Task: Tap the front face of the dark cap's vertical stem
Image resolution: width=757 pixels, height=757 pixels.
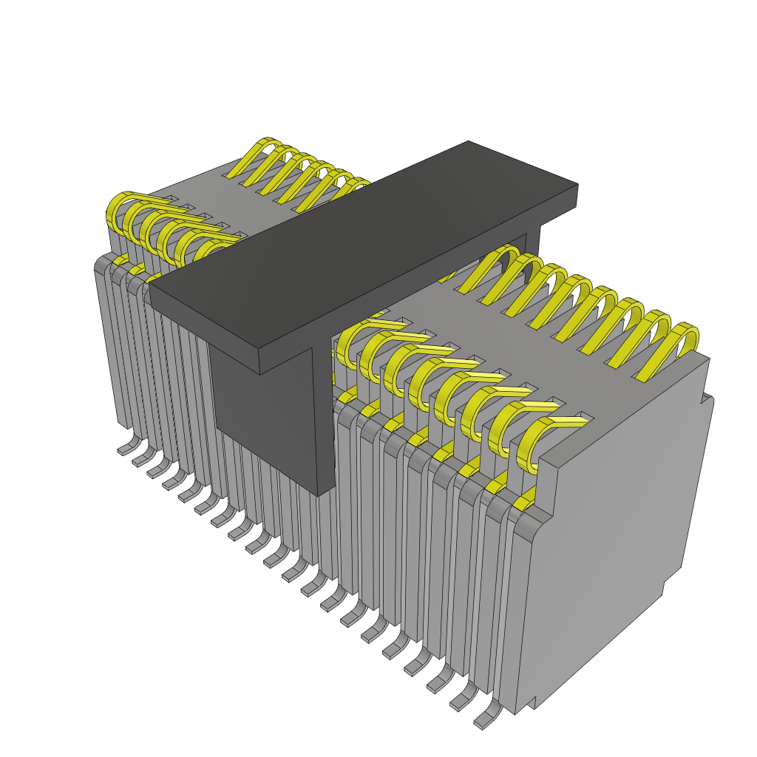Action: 266,414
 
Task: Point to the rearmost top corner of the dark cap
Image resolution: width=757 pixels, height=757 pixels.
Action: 469,141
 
